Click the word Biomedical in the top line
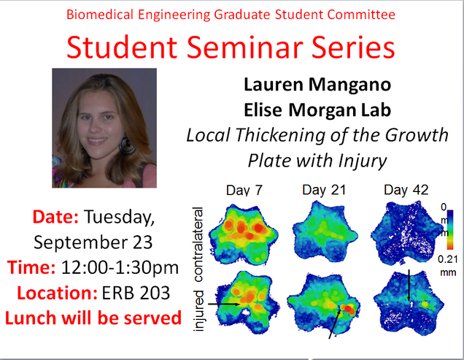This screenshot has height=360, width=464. tap(96, 14)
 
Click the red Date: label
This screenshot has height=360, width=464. tap(56, 217)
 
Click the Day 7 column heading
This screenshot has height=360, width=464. tap(245, 191)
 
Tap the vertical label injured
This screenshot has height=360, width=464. tap(198, 307)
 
